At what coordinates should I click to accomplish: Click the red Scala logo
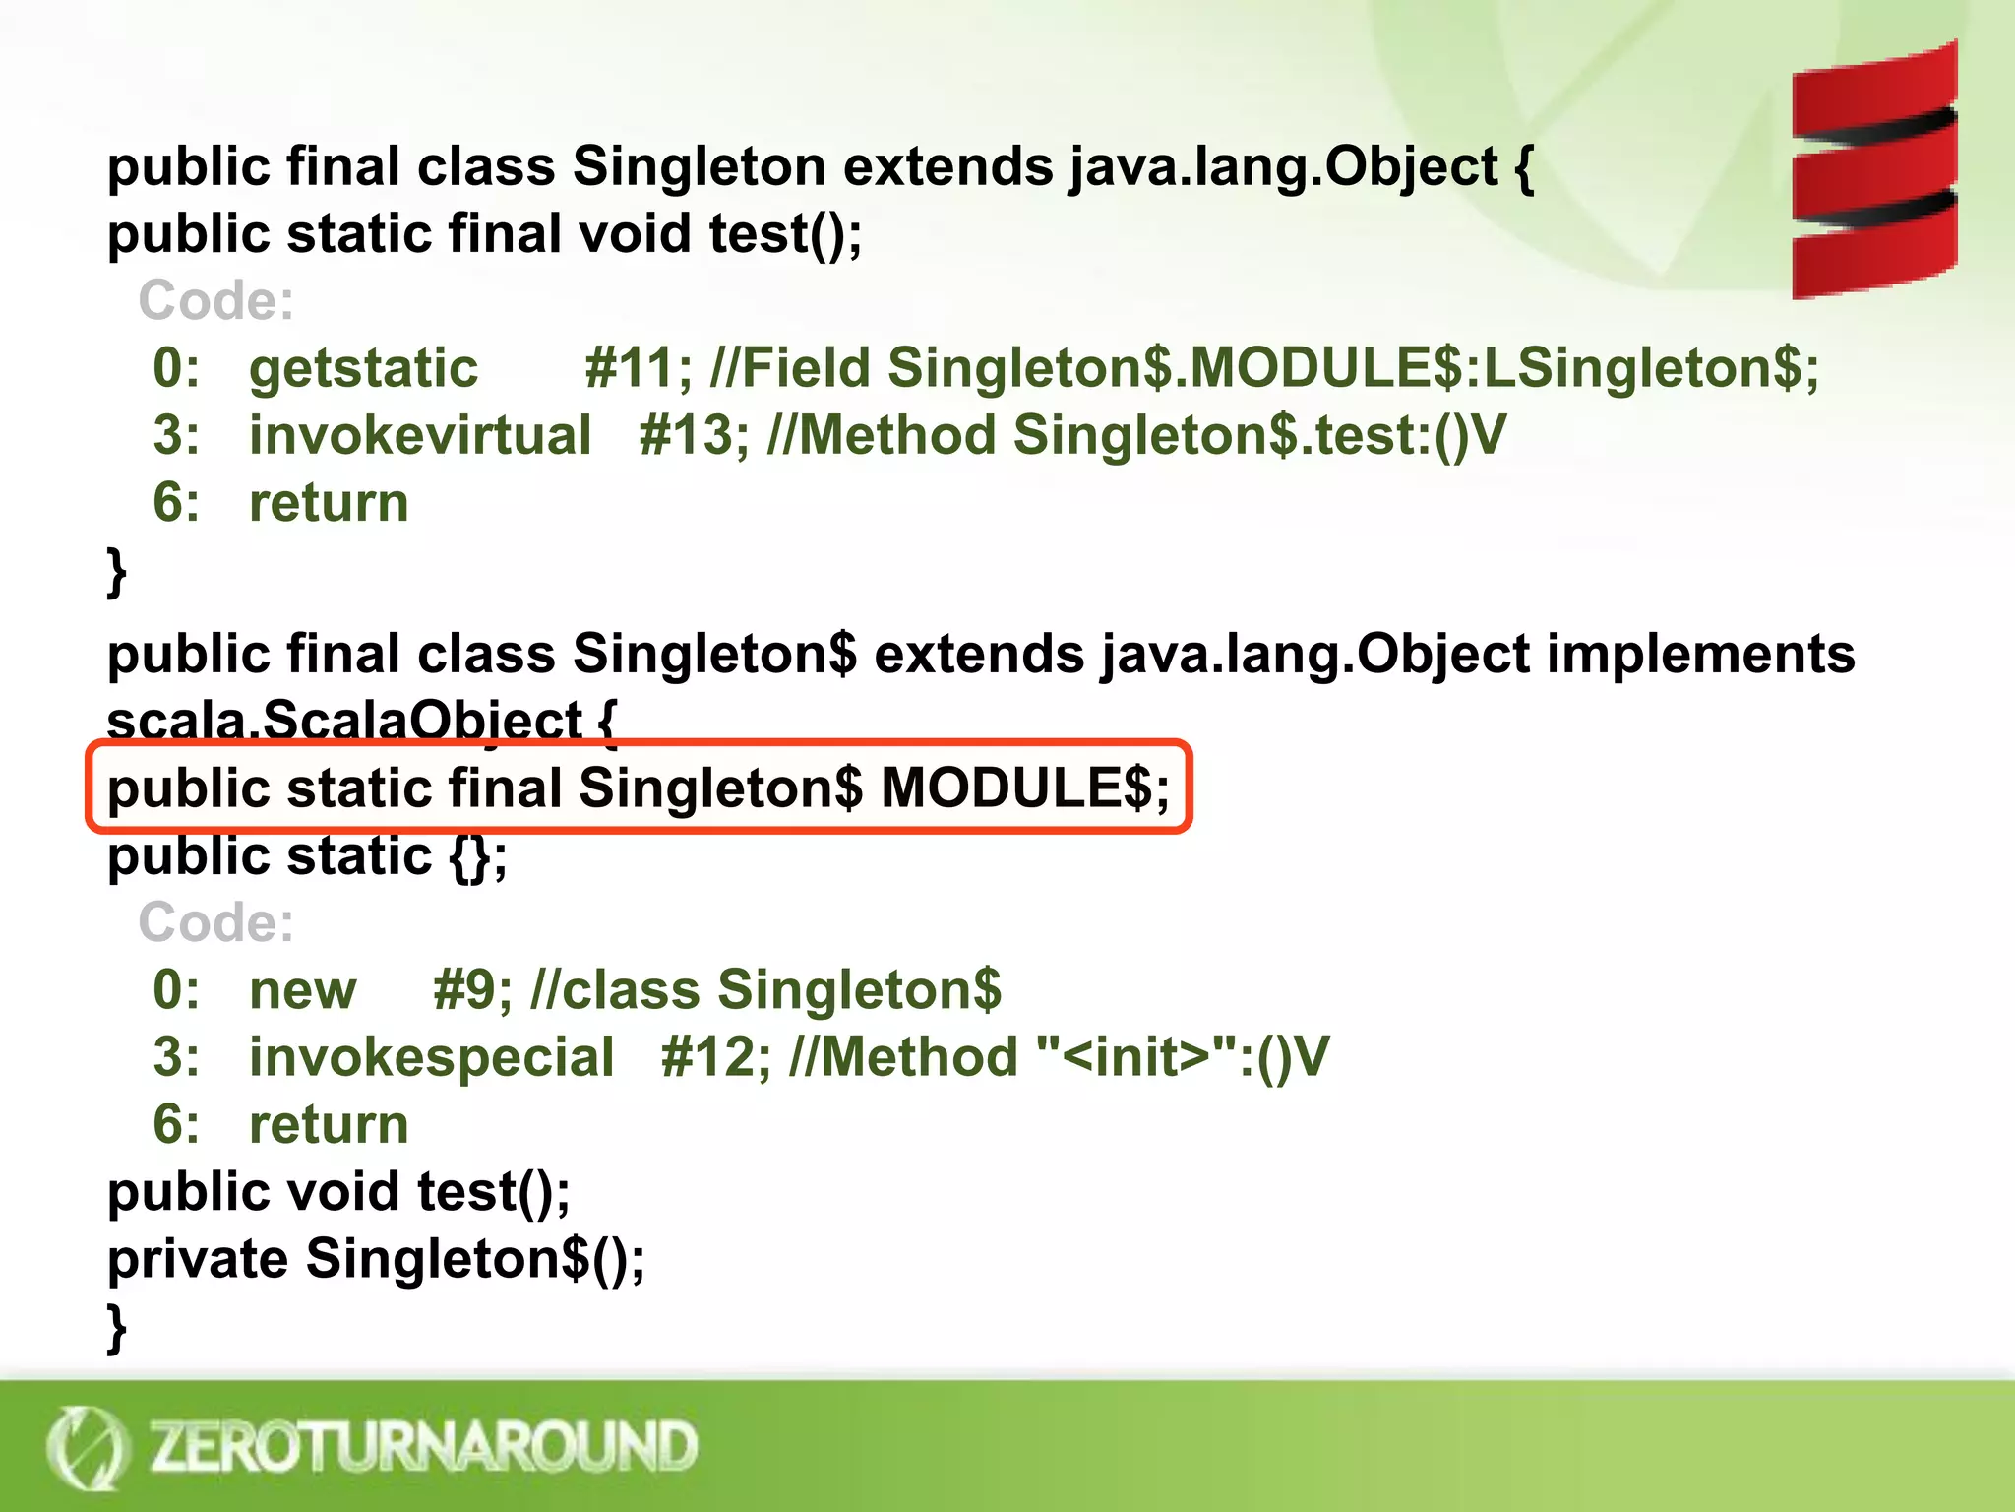(x=1874, y=169)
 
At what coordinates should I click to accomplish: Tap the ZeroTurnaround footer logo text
(x=423, y=1446)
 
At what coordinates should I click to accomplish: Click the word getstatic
(x=363, y=368)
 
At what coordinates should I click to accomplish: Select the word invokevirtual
(x=420, y=435)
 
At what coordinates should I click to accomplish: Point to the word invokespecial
(x=431, y=1057)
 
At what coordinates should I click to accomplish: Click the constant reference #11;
(x=639, y=368)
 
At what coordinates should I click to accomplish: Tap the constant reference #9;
(x=472, y=989)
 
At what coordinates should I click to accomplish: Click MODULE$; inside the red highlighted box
(x=1024, y=788)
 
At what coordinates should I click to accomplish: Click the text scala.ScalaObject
(x=344, y=721)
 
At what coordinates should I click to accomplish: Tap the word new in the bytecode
(x=302, y=989)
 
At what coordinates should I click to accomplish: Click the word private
(x=198, y=1259)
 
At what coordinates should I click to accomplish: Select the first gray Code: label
(x=216, y=300)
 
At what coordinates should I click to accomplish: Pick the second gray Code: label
(x=216, y=922)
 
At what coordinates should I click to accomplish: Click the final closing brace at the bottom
(x=117, y=1328)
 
